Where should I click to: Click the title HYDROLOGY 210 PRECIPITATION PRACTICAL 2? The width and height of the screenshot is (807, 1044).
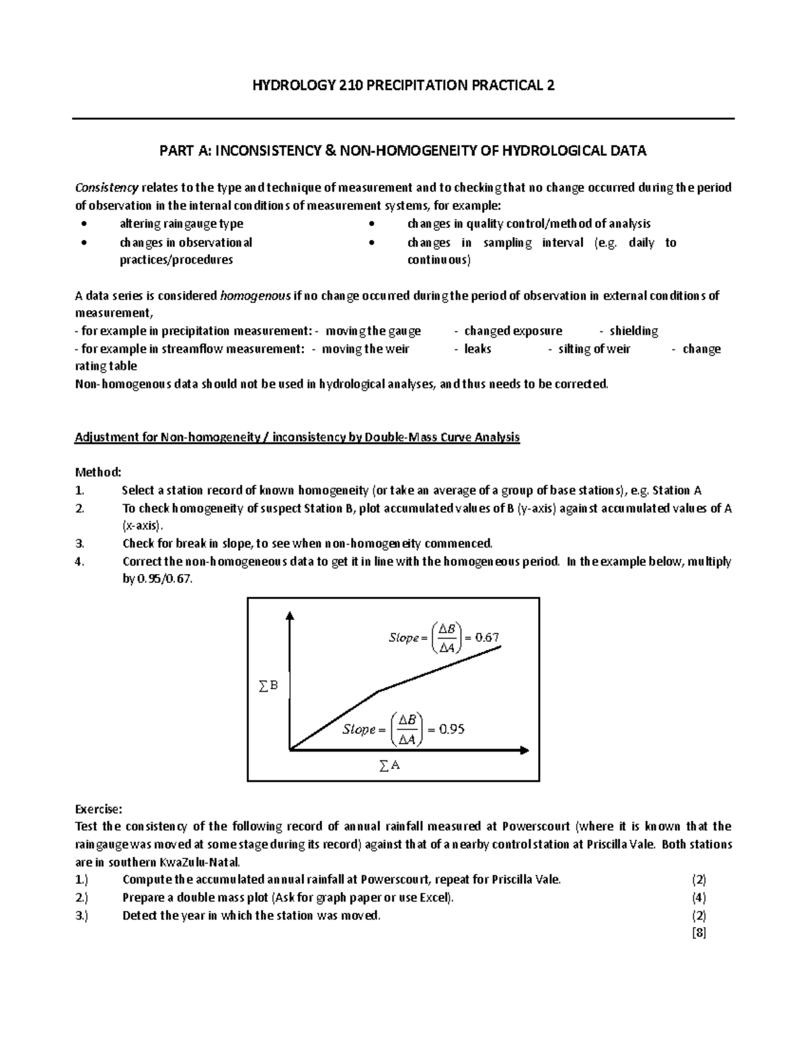[403, 85]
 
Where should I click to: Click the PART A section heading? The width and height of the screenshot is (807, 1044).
[403, 151]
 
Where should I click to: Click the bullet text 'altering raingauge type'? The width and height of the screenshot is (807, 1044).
[181, 224]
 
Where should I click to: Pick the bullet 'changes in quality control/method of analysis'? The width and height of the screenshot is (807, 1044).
[528, 224]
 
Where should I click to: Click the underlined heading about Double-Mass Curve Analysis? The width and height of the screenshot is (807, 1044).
[297, 438]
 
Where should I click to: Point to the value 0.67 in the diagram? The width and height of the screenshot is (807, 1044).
[487, 637]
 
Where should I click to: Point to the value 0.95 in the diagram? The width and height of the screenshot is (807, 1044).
[451, 729]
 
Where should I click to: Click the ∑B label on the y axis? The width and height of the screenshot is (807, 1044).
[268, 686]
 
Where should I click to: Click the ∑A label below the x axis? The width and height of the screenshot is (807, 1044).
[389, 765]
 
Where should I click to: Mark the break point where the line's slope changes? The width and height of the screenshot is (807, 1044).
[379, 690]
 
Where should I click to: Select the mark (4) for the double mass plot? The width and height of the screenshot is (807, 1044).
[699, 897]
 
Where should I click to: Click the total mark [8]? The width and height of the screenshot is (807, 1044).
[699, 933]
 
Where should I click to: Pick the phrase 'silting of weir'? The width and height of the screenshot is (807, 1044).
[594, 349]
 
